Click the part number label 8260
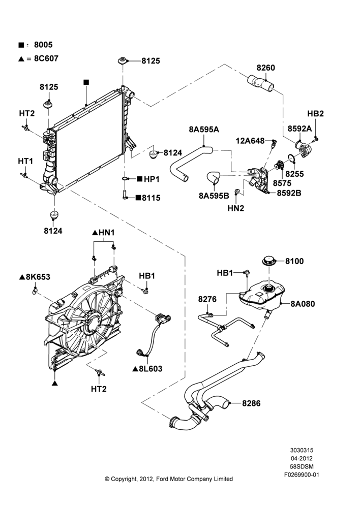(x=265, y=68)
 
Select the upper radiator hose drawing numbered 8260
(x=261, y=82)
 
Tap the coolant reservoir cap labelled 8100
(x=268, y=261)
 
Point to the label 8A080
(x=302, y=304)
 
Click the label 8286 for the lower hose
(x=251, y=403)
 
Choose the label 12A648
(x=250, y=141)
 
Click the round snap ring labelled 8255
(x=291, y=158)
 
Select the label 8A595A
(x=204, y=130)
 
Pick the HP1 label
(x=151, y=179)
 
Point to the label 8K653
(x=38, y=277)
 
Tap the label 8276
(x=207, y=299)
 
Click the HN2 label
(x=236, y=208)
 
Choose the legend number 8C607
(x=46, y=58)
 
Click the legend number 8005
(x=43, y=45)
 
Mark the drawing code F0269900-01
(x=302, y=475)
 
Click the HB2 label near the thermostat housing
(x=315, y=114)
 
